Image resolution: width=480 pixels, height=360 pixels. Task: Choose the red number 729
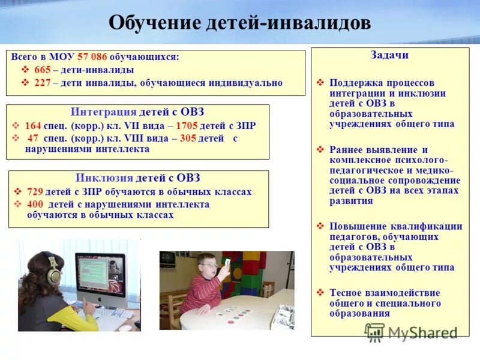[x=35, y=192]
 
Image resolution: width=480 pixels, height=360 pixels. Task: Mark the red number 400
[x=35, y=204]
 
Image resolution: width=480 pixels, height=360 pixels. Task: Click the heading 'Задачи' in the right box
[x=390, y=55]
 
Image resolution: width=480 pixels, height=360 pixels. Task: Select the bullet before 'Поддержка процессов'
[x=320, y=83]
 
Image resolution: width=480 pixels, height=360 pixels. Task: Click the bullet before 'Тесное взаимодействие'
[x=320, y=293]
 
